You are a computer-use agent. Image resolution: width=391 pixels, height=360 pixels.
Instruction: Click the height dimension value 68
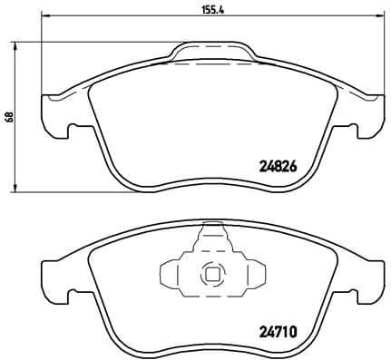pos(8,117)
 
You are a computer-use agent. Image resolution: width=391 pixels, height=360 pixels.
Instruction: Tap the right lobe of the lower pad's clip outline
pos(255,272)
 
